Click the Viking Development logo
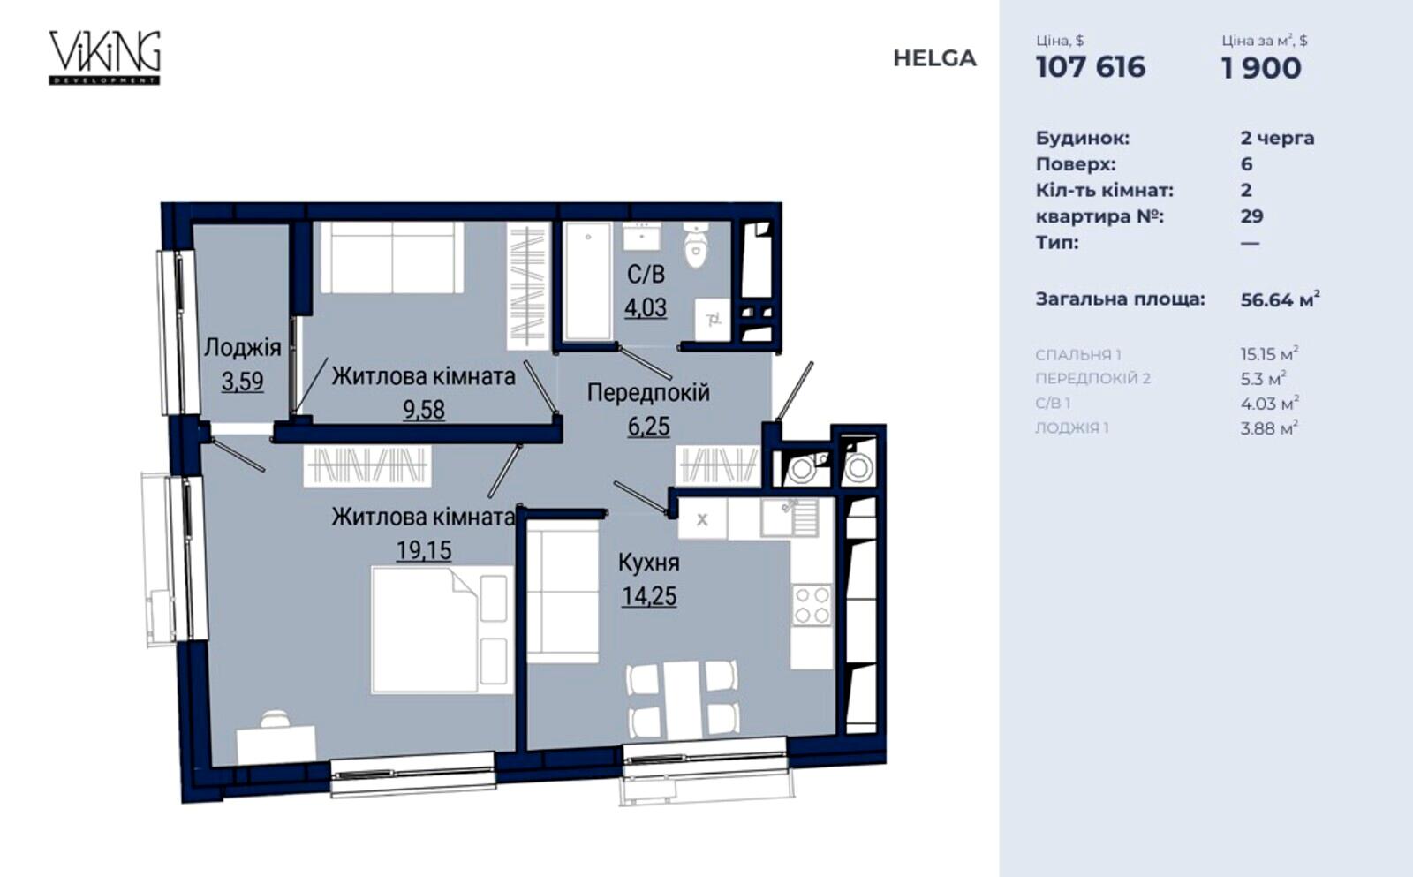[x=105, y=57]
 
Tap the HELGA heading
[x=934, y=58]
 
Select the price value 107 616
[x=1091, y=67]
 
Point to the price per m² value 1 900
[x=1261, y=68]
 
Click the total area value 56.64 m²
[x=1280, y=299]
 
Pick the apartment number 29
[x=1252, y=216]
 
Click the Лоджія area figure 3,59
[x=242, y=382]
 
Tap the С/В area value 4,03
[x=646, y=308]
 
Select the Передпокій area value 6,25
[x=648, y=427]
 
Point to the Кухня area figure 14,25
[x=649, y=596]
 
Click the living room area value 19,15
[x=424, y=551]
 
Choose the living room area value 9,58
[x=424, y=410]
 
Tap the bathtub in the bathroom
[x=588, y=282]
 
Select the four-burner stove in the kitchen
[x=812, y=605]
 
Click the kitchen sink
[x=790, y=518]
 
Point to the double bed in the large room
[x=442, y=631]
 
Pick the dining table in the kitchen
[x=682, y=699]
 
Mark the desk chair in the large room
[x=275, y=719]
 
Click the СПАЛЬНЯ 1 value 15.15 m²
[x=1269, y=353]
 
